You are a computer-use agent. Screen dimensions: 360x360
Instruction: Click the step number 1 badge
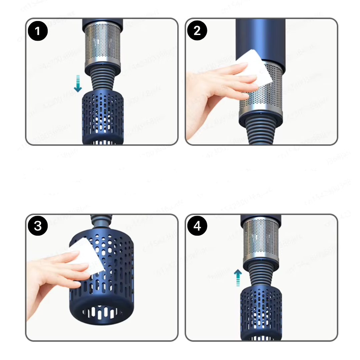(38, 31)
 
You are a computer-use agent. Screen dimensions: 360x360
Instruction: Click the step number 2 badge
(197, 31)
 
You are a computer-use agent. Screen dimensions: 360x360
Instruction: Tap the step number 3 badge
(38, 226)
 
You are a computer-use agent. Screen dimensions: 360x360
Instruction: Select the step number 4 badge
(197, 226)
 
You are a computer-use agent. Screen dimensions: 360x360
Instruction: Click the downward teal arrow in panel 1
(78, 83)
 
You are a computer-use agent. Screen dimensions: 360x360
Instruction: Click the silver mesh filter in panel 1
(103, 43)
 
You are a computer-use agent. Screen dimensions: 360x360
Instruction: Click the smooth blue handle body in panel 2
(260, 37)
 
